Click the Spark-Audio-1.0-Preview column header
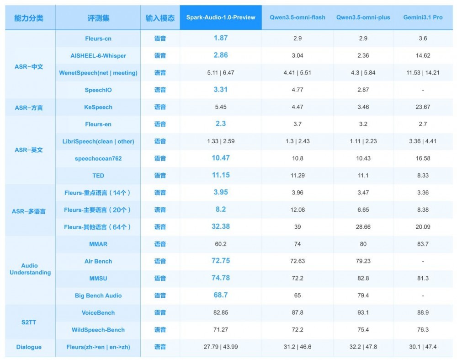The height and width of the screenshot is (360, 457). pyautogui.click(x=221, y=17)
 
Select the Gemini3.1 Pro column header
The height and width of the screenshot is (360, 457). pyautogui.click(x=423, y=17)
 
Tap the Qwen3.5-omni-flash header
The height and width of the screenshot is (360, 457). pyautogui.click(x=298, y=17)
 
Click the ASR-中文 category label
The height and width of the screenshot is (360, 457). pyautogui.click(x=29, y=67)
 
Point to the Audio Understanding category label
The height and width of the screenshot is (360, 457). pyautogui.click(x=30, y=269)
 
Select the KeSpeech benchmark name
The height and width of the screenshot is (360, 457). pyautogui.click(x=98, y=107)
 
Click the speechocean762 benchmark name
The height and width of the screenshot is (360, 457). pyautogui.click(x=98, y=158)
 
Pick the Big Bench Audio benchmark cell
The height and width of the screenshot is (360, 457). pyautogui.click(x=98, y=296)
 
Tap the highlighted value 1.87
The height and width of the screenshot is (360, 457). pyautogui.click(x=221, y=38)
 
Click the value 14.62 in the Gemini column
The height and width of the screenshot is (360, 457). pyautogui.click(x=423, y=55)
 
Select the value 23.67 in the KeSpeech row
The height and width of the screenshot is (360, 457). pyautogui.click(x=423, y=107)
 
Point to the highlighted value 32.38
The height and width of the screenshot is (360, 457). pyautogui.click(x=221, y=226)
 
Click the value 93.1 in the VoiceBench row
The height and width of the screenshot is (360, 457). pyautogui.click(x=363, y=312)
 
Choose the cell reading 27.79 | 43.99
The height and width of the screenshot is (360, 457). pyautogui.click(x=221, y=347)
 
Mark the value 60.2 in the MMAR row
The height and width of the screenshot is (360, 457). pyautogui.click(x=221, y=244)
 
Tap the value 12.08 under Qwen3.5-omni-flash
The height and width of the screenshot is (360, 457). pyautogui.click(x=298, y=210)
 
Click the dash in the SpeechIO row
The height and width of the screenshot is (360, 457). pyautogui.click(x=423, y=90)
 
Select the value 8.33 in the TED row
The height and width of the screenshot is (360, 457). pyautogui.click(x=423, y=175)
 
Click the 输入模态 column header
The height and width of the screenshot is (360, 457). pyautogui.click(x=160, y=18)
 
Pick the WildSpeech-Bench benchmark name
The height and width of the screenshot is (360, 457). pyautogui.click(x=98, y=330)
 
